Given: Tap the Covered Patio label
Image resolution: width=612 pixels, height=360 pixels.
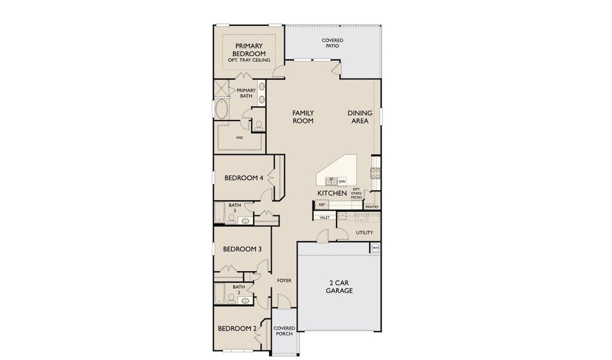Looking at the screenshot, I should point(332,43).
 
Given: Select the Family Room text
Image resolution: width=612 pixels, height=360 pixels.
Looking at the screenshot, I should point(303,117).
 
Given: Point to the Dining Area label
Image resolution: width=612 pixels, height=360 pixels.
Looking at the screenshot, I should point(359,117).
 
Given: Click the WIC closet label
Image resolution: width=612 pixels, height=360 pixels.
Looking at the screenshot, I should point(239,137).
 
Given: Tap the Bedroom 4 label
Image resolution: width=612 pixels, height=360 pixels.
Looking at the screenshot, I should point(244,178).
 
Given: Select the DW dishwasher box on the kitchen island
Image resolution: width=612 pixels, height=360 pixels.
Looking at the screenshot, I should point(342,181).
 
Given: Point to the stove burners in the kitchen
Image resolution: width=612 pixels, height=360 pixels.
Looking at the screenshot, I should point(376,173).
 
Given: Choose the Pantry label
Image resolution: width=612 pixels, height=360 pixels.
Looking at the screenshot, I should point(372,207).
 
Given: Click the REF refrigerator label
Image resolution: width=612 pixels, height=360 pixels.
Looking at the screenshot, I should point(322,205).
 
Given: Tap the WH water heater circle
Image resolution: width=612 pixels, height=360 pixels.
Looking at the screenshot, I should point(376,247).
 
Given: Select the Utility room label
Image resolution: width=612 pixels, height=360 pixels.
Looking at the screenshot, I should point(364,233).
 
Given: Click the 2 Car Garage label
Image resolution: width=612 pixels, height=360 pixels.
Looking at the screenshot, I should point(339,286).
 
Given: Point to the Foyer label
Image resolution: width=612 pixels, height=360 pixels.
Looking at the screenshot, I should point(284,281).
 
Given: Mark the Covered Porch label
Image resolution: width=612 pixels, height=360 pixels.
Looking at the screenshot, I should point(284,331).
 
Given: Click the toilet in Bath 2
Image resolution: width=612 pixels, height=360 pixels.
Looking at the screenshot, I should point(231,300).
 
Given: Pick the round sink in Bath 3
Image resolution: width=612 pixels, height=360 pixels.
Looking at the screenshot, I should point(244,221).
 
